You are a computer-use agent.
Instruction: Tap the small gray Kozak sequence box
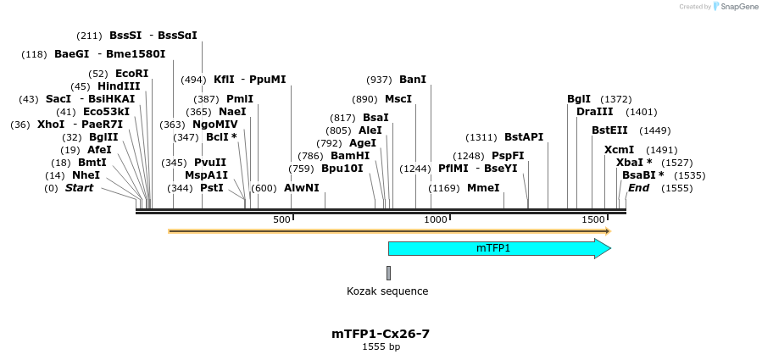388,273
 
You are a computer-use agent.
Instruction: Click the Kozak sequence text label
387,291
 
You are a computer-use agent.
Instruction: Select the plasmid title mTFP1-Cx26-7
381,334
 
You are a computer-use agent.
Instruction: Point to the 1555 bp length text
381,346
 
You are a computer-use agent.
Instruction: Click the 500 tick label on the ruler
281,220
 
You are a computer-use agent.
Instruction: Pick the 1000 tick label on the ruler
436,220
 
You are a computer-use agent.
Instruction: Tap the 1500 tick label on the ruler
592,220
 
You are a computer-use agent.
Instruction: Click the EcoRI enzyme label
131,74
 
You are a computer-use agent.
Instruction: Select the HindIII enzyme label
119,86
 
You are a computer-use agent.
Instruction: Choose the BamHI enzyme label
350,156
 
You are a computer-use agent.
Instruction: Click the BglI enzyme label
579,99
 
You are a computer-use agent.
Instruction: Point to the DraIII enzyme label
594,112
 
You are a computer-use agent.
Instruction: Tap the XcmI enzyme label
619,150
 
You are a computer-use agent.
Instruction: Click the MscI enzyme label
398,99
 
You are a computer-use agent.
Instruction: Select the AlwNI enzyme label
302,188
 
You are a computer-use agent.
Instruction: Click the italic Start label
79,188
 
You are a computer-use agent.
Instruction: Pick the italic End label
638,188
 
